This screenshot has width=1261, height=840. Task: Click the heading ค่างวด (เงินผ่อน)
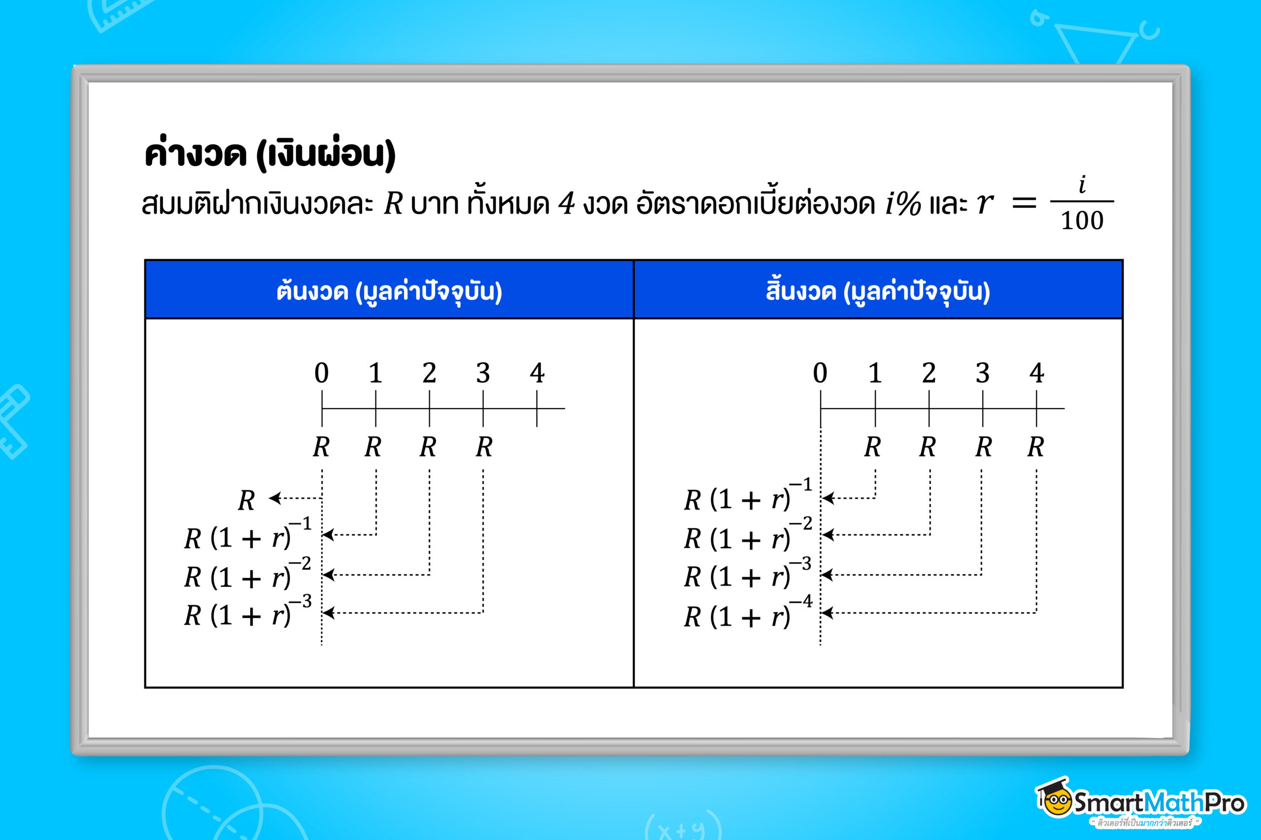[269, 154]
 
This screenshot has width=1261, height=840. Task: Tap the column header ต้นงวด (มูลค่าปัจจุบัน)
[389, 291]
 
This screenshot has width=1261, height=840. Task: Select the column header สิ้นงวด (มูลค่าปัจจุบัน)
[878, 291]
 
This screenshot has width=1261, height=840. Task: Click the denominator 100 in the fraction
[1082, 221]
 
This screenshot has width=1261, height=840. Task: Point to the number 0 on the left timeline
[322, 373]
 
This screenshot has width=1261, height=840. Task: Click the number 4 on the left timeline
[537, 373]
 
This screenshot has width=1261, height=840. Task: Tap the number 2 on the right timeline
[929, 373]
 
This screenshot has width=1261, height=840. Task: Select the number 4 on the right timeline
[1036, 373]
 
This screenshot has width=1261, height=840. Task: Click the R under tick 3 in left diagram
[484, 447]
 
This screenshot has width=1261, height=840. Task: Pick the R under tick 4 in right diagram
[1035, 447]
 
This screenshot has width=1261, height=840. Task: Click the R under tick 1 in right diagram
[872, 447]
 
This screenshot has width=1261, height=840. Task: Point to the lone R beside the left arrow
[246, 501]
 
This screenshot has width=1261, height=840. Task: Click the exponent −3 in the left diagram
[300, 602]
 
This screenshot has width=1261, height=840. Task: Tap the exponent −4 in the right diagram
[801, 602]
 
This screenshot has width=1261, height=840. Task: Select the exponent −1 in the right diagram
[801, 485]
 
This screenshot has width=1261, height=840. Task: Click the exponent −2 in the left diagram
[300, 564]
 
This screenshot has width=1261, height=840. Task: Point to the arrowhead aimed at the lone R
[275, 498]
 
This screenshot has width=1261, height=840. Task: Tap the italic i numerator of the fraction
[1082, 185]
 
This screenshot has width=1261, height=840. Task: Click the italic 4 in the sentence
[566, 203]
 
